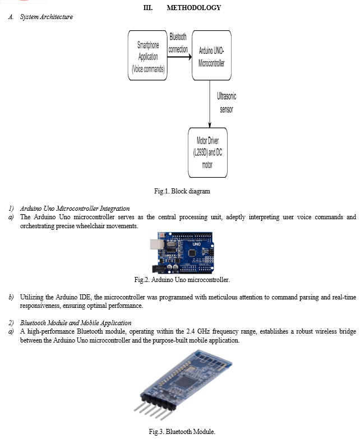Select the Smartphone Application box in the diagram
click(x=148, y=57)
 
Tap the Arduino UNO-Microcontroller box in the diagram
click(x=211, y=57)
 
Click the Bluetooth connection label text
click(x=178, y=43)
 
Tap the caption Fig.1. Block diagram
click(x=182, y=191)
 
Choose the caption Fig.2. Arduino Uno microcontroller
click(x=182, y=279)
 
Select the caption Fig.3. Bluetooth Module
click(x=182, y=431)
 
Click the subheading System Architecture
click(x=47, y=17)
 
